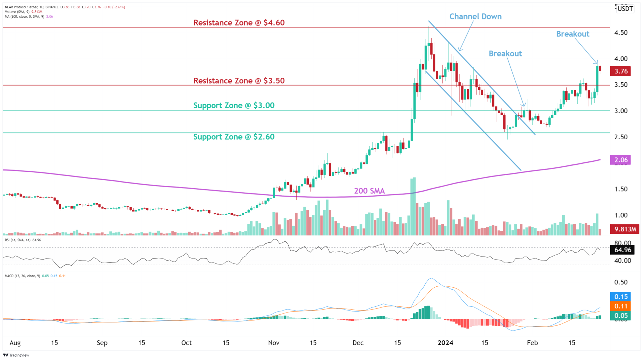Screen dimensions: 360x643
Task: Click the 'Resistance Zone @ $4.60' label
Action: pyautogui.click(x=239, y=23)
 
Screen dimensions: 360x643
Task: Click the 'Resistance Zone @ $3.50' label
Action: pyautogui.click(x=239, y=81)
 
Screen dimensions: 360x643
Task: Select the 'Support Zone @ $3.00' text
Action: pyautogui.click(x=234, y=105)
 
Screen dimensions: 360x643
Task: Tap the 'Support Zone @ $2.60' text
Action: pyautogui.click(x=234, y=137)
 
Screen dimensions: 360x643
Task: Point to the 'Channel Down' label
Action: pyautogui.click(x=475, y=17)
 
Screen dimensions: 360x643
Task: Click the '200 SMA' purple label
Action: pyautogui.click(x=369, y=191)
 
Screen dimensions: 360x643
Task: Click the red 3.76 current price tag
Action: pyautogui.click(x=621, y=71)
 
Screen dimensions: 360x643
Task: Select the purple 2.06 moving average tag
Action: pyautogui.click(x=621, y=160)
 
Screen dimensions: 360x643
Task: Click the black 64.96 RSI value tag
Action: pyautogui.click(x=622, y=250)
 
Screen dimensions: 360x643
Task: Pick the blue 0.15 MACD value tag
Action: pyautogui.click(x=621, y=297)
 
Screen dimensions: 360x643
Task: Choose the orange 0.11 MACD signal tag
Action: pyautogui.click(x=621, y=306)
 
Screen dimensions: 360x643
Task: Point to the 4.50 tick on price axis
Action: pyautogui.click(x=621, y=33)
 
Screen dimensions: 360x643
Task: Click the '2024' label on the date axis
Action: pyautogui.click(x=445, y=343)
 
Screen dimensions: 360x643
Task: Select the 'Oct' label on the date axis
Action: pyautogui.click(x=186, y=343)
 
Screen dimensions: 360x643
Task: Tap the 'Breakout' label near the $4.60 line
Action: pyautogui.click(x=572, y=34)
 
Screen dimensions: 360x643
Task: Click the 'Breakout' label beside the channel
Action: pyautogui.click(x=505, y=54)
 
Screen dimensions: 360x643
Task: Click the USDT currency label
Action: pyautogui.click(x=625, y=9)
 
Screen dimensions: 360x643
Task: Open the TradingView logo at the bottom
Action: pyautogui.click(x=16, y=355)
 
